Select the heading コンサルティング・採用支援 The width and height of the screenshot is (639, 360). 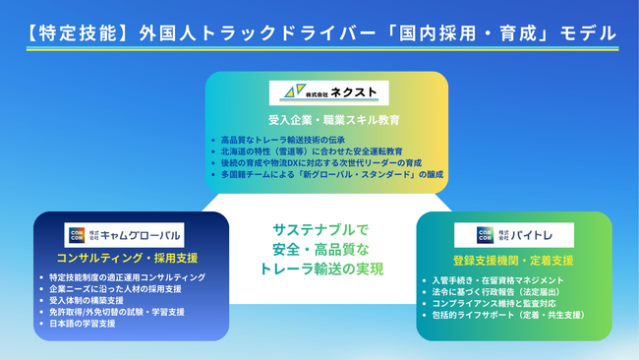click(x=125, y=258)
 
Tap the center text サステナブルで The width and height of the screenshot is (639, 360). click(x=319, y=228)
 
